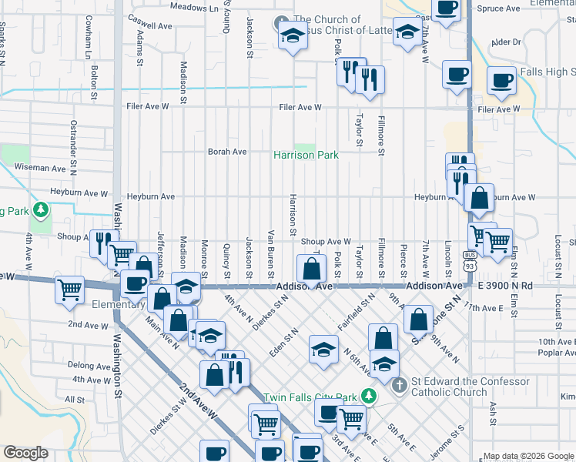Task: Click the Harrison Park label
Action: pyautogui.click(x=306, y=155)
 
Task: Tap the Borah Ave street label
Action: pyautogui.click(x=226, y=152)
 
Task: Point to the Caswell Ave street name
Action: pyautogui.click(x=149, y=21)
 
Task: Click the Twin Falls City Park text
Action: pyautogui.click(x=311, y=397)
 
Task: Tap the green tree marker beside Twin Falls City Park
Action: pyautogui.click(x=369, y=396)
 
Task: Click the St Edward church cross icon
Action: pyautogui.click(x=399, y=384)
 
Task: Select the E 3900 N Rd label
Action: pyautogui.click(x=504, y=286)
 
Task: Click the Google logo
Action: pyautogui.click(x=26, y=453)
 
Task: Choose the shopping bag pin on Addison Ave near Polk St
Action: pyautogui.click(x=311, y=269)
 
